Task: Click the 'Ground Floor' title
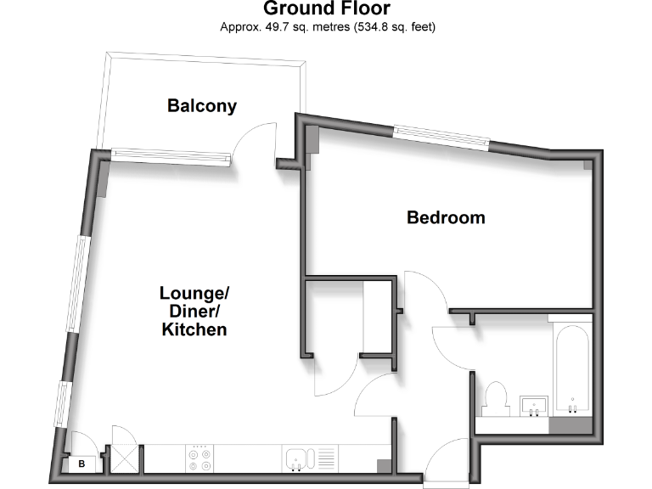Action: [x=327, y=9]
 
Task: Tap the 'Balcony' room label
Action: [x=202, y=106]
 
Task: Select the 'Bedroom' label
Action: [x=446, y=217]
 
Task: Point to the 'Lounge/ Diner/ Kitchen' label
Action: [x=194, y=311]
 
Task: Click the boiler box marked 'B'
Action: [x=82, y=464]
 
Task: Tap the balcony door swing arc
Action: [x=254, y=139]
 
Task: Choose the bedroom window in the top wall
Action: [x=440, y=136]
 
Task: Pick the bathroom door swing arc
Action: [x=451, y=348]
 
